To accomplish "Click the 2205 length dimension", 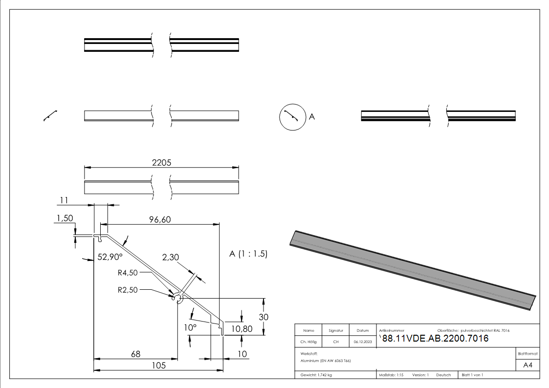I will click(x=161, y=163).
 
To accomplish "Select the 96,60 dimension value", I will click(x=159, y=220).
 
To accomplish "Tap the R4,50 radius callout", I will click(x=128, y=273).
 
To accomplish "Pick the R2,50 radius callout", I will click(x=128, y=289).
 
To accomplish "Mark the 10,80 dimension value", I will click(x=241, y=329).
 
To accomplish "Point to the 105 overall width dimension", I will click(x=158, y=366).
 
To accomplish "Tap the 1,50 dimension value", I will click(x=65, y=218).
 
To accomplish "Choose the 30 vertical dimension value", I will click(x=264, y=317).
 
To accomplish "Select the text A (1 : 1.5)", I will click(x=248, y=254).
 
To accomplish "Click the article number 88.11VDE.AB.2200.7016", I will click(x=435, y=339).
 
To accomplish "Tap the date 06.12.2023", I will click(x=363, y=342).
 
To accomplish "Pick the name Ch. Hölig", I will click(x=308, y=342).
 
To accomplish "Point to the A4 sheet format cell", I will click(x=527, y=365).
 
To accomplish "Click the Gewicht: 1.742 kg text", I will click(x=316, y=375).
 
